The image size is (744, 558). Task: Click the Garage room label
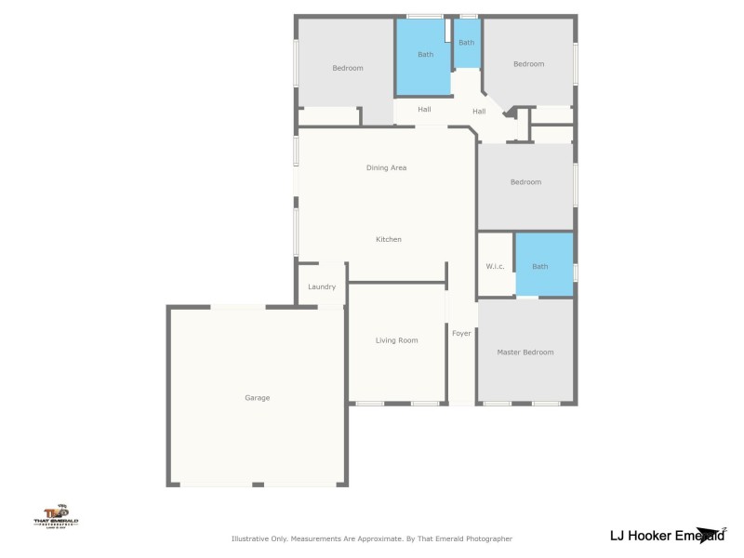click(x=257, y=398)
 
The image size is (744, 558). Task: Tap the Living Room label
click(x=396, y=340)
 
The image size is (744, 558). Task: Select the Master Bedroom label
click(x=525, y=352)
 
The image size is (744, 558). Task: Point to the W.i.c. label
click(x=495, y=267)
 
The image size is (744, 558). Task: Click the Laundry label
click(x=322, y=286)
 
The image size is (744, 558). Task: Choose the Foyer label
click(x=461, y=333)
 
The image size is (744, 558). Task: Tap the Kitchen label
click(x=388, y=240)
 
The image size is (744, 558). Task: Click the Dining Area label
click(x=386, y=167)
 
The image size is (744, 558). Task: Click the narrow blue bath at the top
click(x=466, y=44)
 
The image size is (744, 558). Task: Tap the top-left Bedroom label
click(x=348, y=68)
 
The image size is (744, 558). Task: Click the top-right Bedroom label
click(x=528, y=64)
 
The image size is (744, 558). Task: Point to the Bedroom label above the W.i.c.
click(x=525, y=182)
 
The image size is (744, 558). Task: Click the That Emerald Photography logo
click(x=56, y=514)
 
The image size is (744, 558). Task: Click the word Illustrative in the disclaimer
click(x=250, y=538)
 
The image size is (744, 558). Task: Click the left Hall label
click(x=424, y=110)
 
